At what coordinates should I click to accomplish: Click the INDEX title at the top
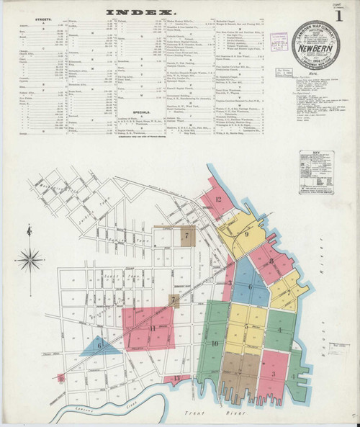[140, 12]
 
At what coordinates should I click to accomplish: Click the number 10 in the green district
[215, 344]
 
